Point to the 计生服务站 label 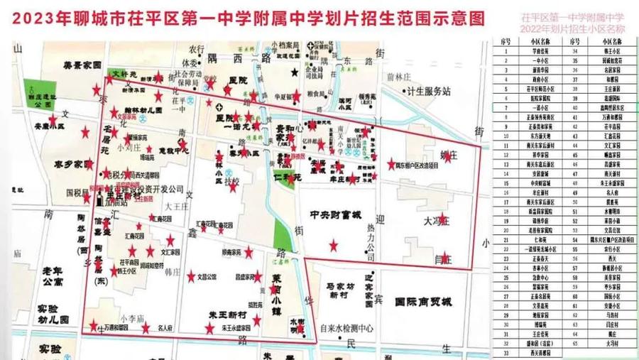click(428, 91)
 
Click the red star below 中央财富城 click(334, 246)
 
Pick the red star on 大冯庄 click(443, 219)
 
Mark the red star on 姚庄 click(447, 157)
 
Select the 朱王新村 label click(227, 315)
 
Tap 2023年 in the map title click(37, 15)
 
